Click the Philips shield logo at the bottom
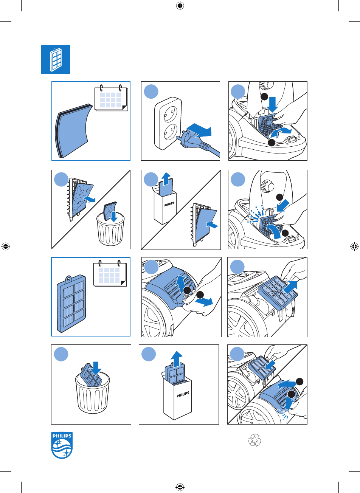(62, 445)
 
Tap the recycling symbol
(254, 440)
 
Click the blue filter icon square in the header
(55, 59)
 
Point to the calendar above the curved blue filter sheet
(111, 98)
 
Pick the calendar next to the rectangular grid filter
(110, 273)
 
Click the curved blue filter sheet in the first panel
(74, 131)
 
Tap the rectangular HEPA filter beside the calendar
(71, 304)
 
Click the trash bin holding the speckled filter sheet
(110, 229)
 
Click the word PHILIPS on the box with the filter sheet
(169, 204)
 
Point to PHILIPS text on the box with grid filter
(183, 394)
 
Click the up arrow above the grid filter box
(177, 359)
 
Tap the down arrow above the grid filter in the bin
(96, 368)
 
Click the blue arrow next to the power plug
(199, 130)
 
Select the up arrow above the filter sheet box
(166, 178)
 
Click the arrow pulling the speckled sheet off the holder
(90, 199)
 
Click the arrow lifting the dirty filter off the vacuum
(290, 287)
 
